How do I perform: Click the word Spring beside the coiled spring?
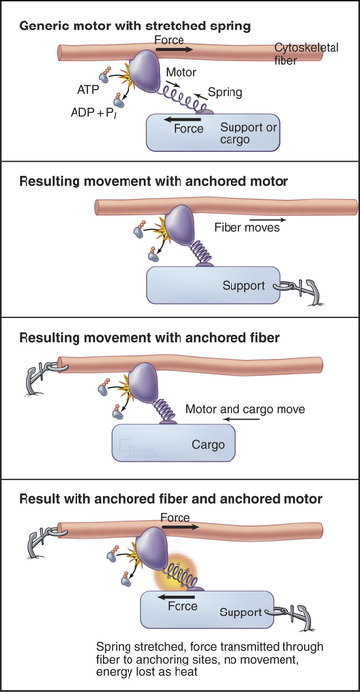(226, 92)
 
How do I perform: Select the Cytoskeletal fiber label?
(307, 53)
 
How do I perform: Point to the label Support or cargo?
(248, 133)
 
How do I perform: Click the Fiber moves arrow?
(268, 219)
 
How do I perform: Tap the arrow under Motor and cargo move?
(241, 419)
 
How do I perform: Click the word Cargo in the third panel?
(208, 444)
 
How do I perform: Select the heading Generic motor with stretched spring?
(135, 27)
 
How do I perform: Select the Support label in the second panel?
(243, 286)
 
